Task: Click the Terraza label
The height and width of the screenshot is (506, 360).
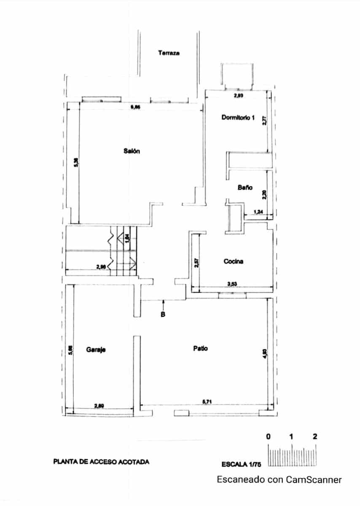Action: pyautogui.click(x=169, y=53)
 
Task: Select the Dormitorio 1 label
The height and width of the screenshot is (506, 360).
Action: pyautogui.click(x=238, y=118)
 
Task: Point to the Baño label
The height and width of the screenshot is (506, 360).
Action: pyautogui.click(x=244, y=188)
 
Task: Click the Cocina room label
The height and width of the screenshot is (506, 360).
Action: pyautogui.click(x=233, y=261)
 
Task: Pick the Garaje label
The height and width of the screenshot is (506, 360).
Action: pyautogui.click(x=96, y=350)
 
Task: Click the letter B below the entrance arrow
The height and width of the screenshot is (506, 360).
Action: pyautogui.click(x=163, y=314)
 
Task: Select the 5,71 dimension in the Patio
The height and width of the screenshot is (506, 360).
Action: pyautogui.click(x=207, y=401)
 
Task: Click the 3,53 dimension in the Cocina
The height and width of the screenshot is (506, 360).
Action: pyautogui.click(x=231, y=284)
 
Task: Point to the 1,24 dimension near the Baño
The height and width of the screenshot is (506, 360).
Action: pyautogui.click(x=258, y=212)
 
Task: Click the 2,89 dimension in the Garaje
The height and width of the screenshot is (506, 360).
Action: pyautogui.click(x=99, y=406)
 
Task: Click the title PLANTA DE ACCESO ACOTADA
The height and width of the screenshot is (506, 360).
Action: pyautogui.click(x=101, y=462)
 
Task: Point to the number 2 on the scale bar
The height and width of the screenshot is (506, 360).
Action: pyautogui.click(x=315, y=436)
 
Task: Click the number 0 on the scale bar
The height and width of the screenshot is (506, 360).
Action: pyautogui.click(x=268, y=436)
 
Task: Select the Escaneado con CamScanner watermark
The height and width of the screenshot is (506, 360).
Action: pyautogui.click(x=279, y=479)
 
